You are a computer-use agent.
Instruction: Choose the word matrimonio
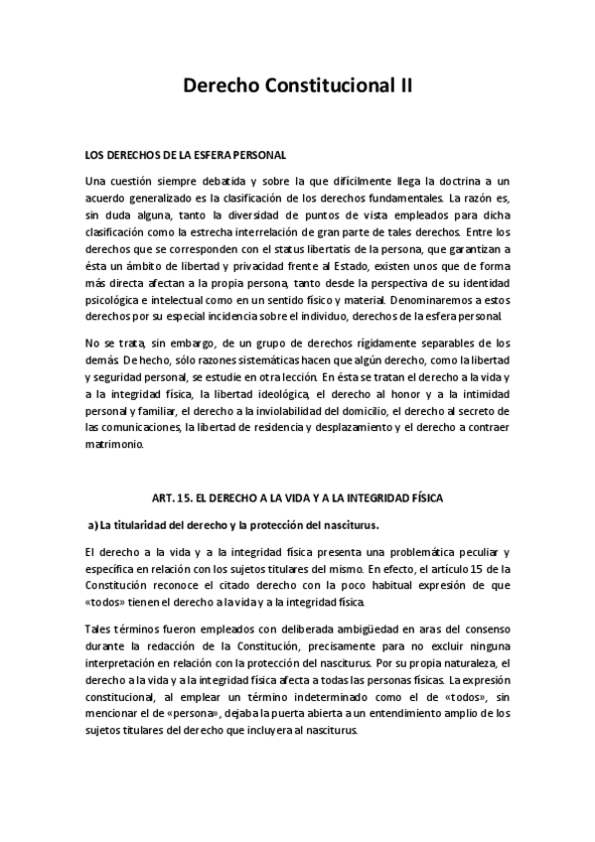coord(115,444)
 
